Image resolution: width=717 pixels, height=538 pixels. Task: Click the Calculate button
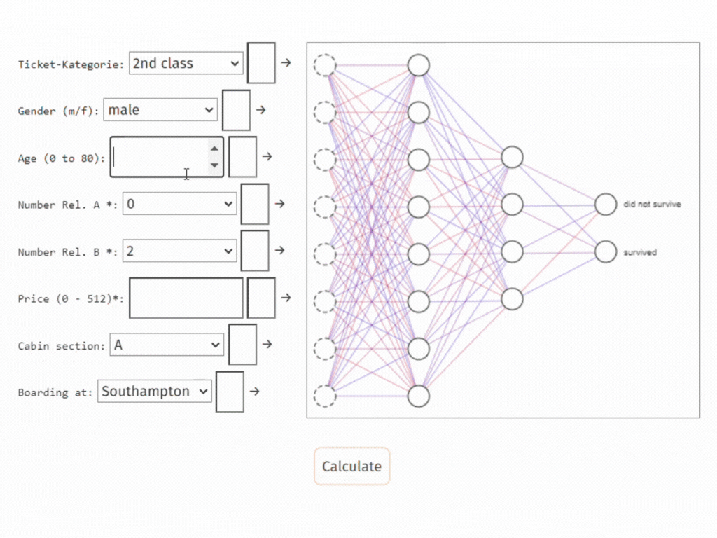pyautogui.click(x=351, y=467)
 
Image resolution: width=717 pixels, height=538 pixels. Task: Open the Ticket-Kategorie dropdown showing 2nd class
pyautogui.click(x=186, y=63)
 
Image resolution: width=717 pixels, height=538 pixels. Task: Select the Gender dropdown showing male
pyautogui.click(x=160, y=110)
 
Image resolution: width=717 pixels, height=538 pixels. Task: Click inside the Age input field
pyautogui.click(x=160, y=157)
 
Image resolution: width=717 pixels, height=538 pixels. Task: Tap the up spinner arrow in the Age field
pyautogui.click(x=214, y=148)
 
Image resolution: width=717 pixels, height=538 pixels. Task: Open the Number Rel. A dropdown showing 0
pyautogui.click(x=180, y=204)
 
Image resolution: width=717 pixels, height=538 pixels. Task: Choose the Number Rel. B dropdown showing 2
pyautogui.click(x=180, y=251)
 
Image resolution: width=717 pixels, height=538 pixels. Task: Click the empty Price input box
pyautogui.click(x=186, y=298)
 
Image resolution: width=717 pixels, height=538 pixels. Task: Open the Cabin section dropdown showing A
pyautogui.click(x=167, y=345)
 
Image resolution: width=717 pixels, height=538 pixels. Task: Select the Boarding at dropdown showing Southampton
pyautogui.click(x=155, y=392)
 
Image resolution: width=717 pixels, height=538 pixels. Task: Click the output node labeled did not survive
pyautogui.click(x=606, y=205)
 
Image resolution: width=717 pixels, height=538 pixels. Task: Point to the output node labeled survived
pyautogui.click(x=606, y=251)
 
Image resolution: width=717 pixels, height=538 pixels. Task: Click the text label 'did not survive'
pyautogui.click(x=652, y=205)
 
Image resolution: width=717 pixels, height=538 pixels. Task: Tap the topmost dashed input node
pyautogui.click(x=325, y=65)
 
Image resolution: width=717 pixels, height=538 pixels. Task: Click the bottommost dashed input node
pyautogui.click(x=325, y=396)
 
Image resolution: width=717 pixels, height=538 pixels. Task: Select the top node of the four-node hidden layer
pyautogui.click(x=512, y=157)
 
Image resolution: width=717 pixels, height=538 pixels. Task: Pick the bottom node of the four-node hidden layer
pyautogui.click(x=512, y=298)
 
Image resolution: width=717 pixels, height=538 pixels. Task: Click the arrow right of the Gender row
pyautogui.click(x=260, y=110)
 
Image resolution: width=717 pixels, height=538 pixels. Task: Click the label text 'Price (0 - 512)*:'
pyautogui.click(x=71, y=298)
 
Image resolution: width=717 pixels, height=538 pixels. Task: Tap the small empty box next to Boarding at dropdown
pyautogui.click(x=230, y=392)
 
